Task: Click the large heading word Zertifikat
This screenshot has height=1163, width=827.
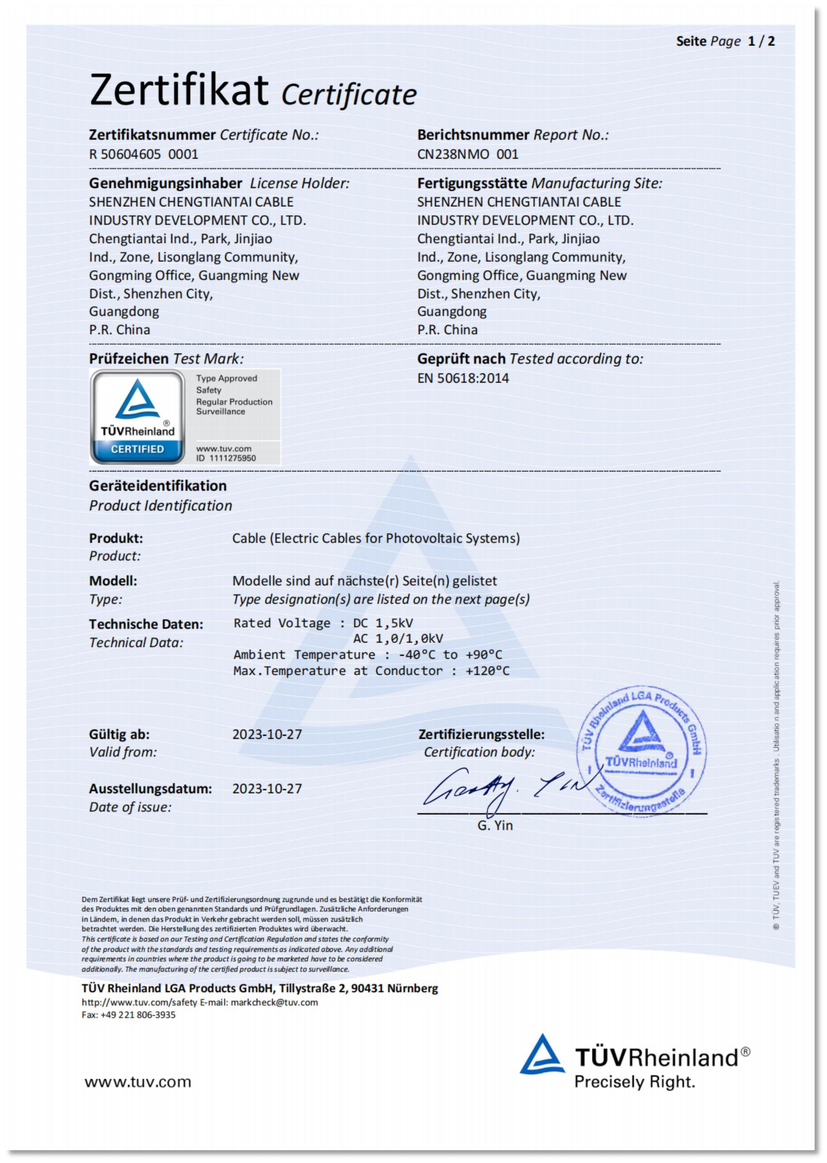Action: [x=179, y=90]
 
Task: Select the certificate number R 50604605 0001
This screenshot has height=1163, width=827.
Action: [x=144, y=154]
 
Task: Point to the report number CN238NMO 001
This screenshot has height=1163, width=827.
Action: [x=467, y=154]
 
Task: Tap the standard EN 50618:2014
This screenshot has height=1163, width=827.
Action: [x=463, y=378]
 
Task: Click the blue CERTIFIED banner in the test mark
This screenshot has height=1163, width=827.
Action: [x=137, y=449]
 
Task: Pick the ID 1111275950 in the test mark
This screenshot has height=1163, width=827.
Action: [x=226, y=458]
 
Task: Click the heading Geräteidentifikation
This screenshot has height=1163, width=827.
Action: [x=158, y=486]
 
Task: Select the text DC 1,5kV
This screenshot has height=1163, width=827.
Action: [x=383, y=623]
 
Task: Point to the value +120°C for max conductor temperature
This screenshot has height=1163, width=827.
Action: [x=487, y=671]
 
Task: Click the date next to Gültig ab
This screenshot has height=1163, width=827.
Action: [x=267, y=734]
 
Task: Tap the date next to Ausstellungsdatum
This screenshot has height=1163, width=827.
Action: [x=267, y=789]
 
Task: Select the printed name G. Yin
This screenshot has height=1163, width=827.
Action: [x=495, y=825]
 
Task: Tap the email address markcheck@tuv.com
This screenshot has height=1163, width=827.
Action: [x=274, y=1002]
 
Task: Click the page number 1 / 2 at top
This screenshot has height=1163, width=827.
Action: [x=761, y=41]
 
